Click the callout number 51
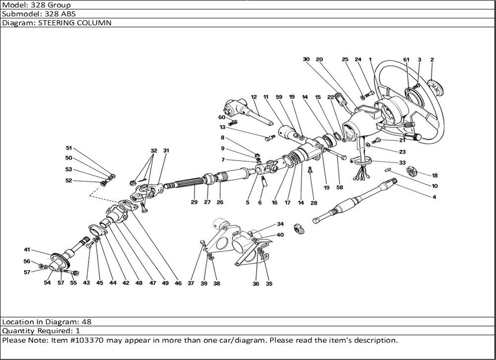point(69,148)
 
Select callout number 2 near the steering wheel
point(432,60)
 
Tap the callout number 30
point(306,60)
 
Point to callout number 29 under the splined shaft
point(194,202)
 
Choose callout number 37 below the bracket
point(191,284)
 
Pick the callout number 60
point(222,118)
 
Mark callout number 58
point(340,188)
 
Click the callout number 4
point(434,198)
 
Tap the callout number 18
point(435,176)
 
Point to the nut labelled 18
point(411,172)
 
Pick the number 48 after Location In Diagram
point(86,321)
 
